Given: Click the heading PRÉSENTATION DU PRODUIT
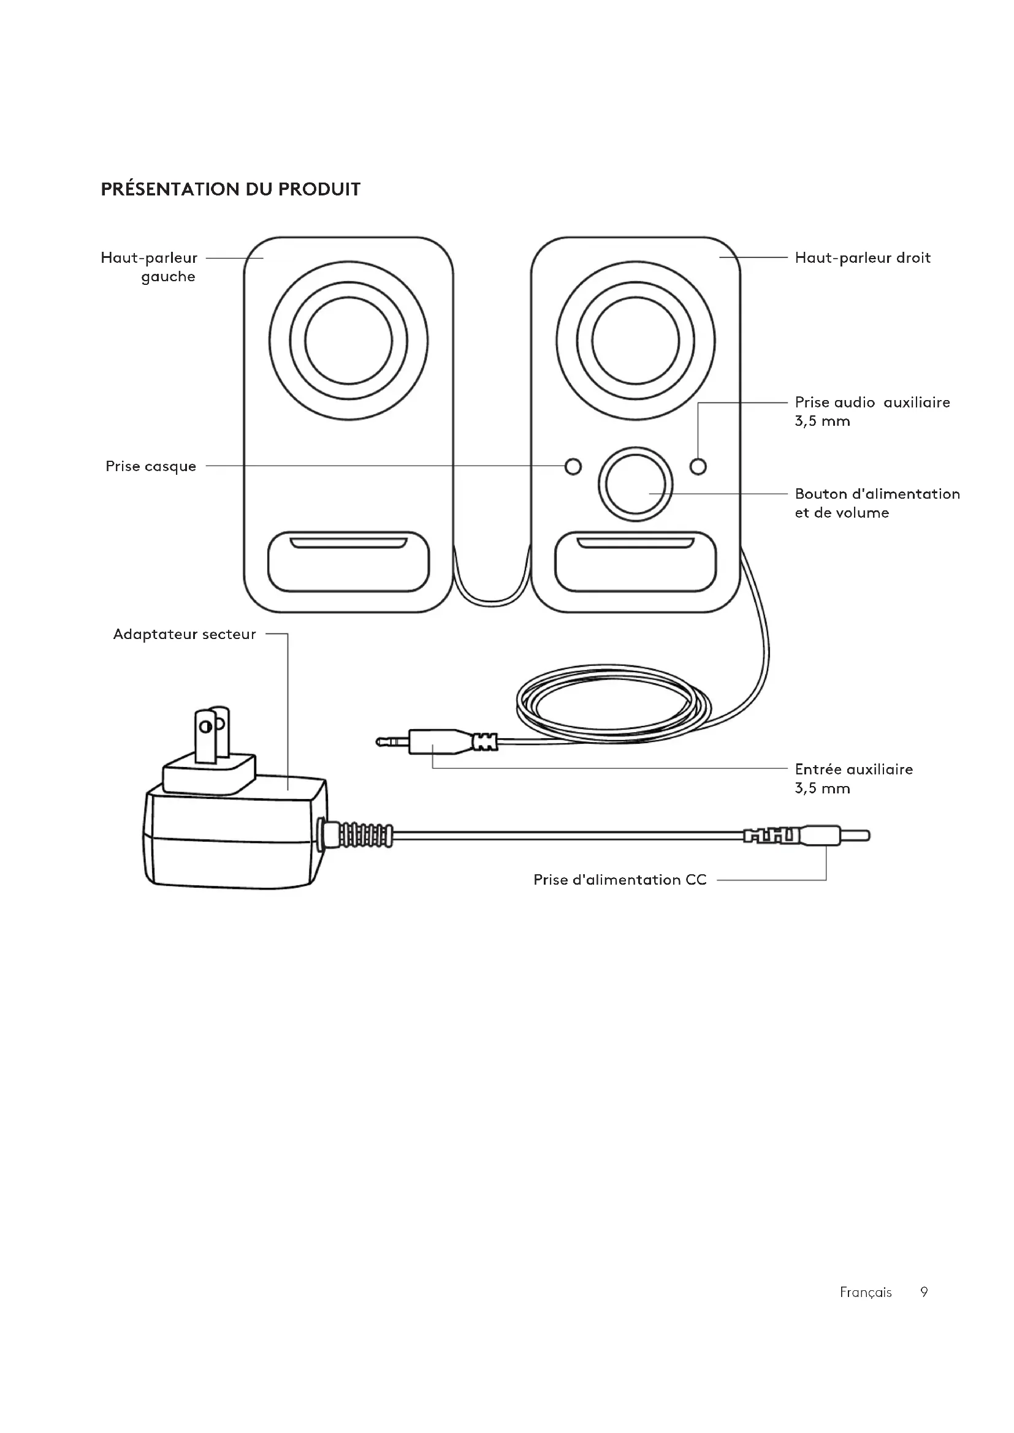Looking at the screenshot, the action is [x=231, y=189].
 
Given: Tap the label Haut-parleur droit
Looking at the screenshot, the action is [x=863, y=258].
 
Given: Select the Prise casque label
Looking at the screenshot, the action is [x=150, y=466].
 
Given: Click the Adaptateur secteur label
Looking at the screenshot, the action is [x=184, y=634].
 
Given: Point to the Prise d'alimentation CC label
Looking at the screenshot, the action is [x=619, y=879].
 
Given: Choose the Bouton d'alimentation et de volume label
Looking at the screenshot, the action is [x=877, y=503].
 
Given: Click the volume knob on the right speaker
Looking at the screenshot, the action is [x=636, y=485].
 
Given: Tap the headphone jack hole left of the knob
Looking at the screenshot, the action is [x=573, y=466].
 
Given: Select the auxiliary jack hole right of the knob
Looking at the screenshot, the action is [x=698, y=466].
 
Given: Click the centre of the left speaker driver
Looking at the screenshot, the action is [x=348, y=341].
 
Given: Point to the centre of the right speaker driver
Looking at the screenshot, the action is [x=636, y=341].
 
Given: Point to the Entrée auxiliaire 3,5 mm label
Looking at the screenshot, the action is [x=853, y=778].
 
